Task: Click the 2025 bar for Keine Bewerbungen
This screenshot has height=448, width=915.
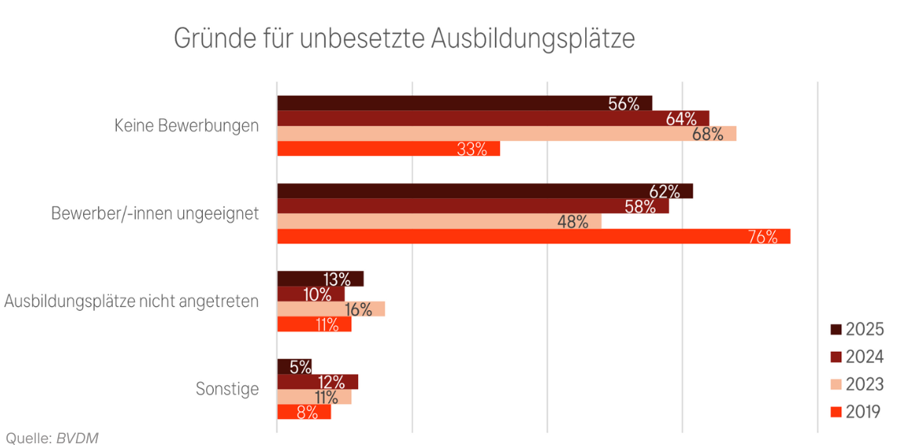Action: tap(464, 103)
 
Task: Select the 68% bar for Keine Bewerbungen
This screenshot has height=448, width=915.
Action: tap(506, 134)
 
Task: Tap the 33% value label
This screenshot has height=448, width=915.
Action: tap(472, 149)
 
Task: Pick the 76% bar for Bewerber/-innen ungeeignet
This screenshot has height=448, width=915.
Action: tap(533, 237)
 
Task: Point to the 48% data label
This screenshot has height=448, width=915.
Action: tap(573, 222)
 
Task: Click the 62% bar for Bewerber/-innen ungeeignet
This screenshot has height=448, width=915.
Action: tap(484, 191)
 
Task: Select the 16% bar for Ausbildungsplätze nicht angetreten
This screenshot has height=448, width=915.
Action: tap(331, 309)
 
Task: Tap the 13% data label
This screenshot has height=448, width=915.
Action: tap(336, 279)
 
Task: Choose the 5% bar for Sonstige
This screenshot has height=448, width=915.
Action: tap(294, 367)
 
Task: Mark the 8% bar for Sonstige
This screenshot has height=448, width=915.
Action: tap(303, 411)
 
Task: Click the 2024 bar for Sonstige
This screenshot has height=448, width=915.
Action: tap(317, 381)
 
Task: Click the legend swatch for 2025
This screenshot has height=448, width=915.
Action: tap(835, 330)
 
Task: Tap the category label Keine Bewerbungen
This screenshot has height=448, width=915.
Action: tap(186, 125)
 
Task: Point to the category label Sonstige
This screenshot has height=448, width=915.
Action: tap(227, 388)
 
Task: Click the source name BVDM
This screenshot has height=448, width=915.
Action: tap(77, 439)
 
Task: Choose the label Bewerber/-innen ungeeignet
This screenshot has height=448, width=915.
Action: tap(155, 213)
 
